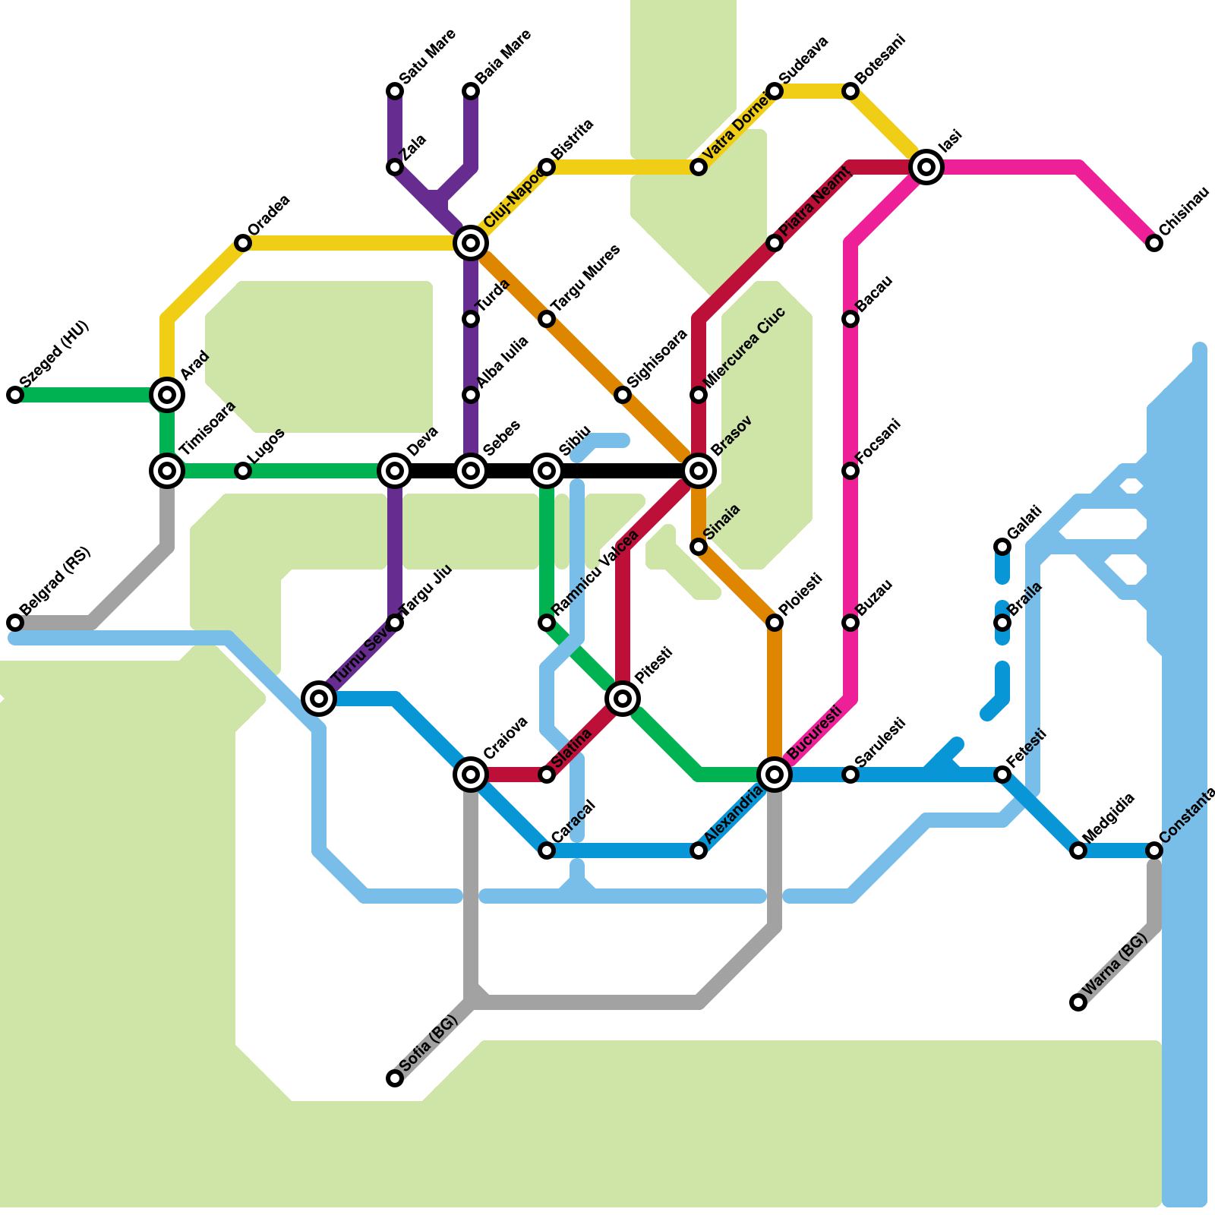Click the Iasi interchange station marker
point(926,167)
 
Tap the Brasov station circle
point(699,471)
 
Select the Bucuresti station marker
point(775,775)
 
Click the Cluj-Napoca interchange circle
point(471,243)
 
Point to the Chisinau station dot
point(1154,243)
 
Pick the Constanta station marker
point(1154,850)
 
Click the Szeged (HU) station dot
point(15,395)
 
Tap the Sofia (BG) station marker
point(395,1078)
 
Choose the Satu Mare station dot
point(395,91)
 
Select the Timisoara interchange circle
point(167,471)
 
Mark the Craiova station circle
point(471,775)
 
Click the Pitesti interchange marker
point(623,699)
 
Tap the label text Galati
point(1025,522)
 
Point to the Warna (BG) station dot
point(1078,1002)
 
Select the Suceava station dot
point(775,91)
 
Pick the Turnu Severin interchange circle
point(319,699)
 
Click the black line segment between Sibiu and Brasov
point(623,471)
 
